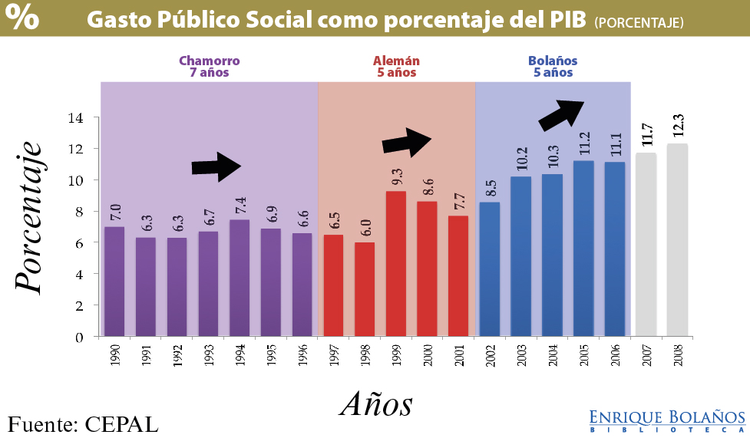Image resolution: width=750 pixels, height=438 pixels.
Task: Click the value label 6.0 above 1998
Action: (365, 227)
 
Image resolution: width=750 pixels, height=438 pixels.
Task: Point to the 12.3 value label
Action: (678, 126)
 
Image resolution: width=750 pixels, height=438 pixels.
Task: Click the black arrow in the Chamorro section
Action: (216, 166)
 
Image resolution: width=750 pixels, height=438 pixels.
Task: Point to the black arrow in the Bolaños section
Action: (562, 114)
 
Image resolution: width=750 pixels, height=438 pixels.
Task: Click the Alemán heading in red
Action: (396, 67)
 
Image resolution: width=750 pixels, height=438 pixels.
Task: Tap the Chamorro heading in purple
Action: (209, 67)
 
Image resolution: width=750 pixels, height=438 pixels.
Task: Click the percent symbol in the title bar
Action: (25, 19)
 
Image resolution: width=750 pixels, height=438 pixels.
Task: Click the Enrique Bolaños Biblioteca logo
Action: (667, 420)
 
